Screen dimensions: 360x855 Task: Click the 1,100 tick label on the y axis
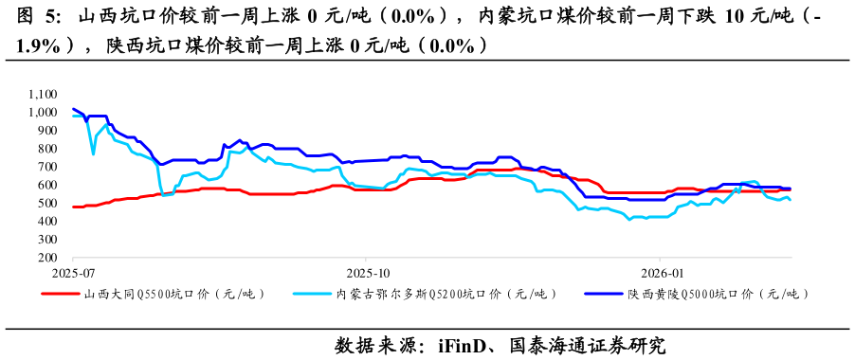coord(44,94)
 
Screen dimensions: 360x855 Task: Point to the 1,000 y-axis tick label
coord(44,112)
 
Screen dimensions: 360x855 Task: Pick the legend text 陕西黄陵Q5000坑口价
coord(718,295)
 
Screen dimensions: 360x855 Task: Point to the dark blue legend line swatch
coord(603,295)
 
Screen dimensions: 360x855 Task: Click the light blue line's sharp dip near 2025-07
coord(93,153)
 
